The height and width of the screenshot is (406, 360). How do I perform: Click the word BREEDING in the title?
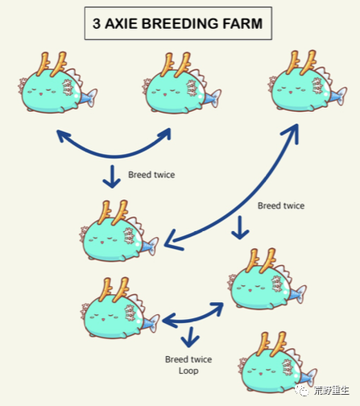[x=180, y=23]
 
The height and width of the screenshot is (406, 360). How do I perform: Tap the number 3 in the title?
[x=97, y=23]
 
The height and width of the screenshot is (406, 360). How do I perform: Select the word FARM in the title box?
[x=242, y=23]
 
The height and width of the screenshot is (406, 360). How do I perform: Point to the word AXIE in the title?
[x=122, y=23]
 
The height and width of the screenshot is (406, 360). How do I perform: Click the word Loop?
[x=188, y=371]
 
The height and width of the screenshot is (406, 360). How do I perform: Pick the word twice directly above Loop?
[x=200, y=359]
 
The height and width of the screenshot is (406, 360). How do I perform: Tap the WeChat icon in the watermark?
[x=302, y=390]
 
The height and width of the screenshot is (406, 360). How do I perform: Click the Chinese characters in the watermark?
[x=331, y=390]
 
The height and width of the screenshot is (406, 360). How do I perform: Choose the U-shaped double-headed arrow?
[x=114, y=155]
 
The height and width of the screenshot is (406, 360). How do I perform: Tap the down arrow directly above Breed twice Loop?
[x=190, y=337]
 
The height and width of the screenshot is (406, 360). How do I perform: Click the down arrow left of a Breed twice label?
[x=112, y=176]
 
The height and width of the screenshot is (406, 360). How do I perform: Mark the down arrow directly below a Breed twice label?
[x=240, y=227]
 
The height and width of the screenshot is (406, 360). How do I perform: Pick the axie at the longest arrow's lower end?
[x=119, y=231]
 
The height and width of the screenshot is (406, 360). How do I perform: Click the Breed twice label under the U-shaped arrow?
[x=151, y=175]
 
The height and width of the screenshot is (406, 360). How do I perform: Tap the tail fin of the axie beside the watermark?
[x=308, y=375]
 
